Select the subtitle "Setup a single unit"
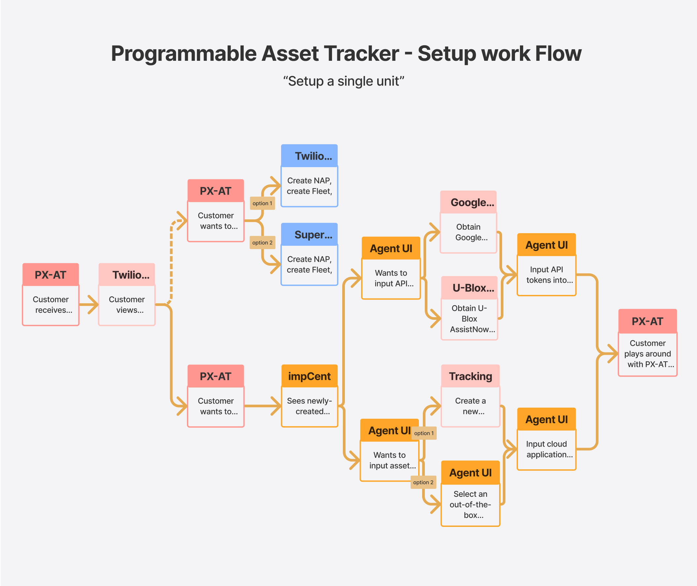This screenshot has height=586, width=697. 344,81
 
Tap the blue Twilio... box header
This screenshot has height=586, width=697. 309,156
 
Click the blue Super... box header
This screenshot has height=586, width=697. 309,235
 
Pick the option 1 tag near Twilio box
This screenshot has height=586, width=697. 262,203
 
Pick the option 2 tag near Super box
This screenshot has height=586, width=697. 262,242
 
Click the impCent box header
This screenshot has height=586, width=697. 309,376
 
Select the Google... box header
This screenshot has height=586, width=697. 468,202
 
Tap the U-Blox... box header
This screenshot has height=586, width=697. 469,288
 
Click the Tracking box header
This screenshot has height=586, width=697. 470,376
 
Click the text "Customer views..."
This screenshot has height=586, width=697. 127,305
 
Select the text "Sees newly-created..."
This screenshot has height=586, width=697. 309,406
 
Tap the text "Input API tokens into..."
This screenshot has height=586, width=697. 546,275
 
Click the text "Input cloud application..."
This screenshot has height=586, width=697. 546,449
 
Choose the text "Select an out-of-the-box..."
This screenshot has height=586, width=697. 470,504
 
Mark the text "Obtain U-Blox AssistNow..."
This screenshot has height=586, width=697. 469,318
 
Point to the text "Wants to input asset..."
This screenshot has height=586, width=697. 390,460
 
